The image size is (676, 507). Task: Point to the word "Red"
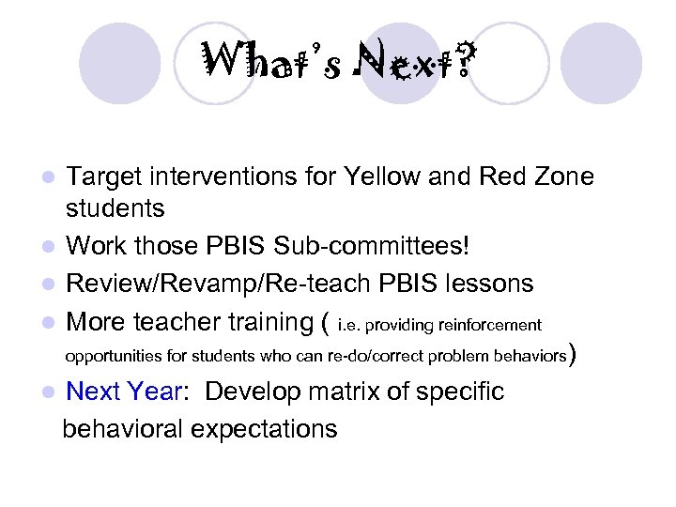[500, 177]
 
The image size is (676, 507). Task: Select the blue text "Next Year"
[124, 392]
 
